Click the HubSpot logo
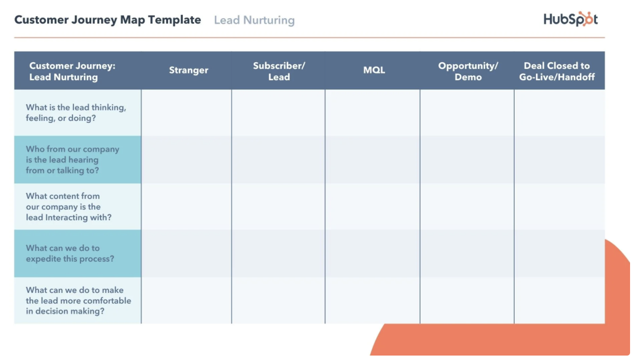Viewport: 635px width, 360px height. coord(570,19)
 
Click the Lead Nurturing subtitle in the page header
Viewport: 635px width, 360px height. coord(254,20)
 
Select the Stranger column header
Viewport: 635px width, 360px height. coord(188,70)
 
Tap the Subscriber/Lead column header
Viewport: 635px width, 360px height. coord(279,71)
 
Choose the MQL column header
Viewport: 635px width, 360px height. coord(374,70)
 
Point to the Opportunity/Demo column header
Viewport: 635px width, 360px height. coord(468,71)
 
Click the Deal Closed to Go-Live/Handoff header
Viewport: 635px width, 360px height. coord(557,71)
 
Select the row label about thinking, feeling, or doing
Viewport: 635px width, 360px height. coord(76,112)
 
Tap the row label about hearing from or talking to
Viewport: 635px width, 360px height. coord(72,160)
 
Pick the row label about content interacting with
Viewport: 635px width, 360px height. coord(69,207)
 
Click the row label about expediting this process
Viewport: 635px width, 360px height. coord(70,253)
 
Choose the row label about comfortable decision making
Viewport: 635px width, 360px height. coord(78,300)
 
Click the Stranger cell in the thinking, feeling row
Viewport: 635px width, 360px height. coord(186,113)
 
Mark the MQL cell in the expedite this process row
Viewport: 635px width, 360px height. coord(373,253)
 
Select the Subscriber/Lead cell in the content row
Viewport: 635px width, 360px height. coord(279,207)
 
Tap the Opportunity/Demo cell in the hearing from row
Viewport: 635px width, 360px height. coord(467,160)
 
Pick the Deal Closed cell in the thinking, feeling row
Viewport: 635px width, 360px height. coord(560,113)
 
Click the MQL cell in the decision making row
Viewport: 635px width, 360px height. coord(373,300)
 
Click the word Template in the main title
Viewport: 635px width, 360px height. coord(175,20)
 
